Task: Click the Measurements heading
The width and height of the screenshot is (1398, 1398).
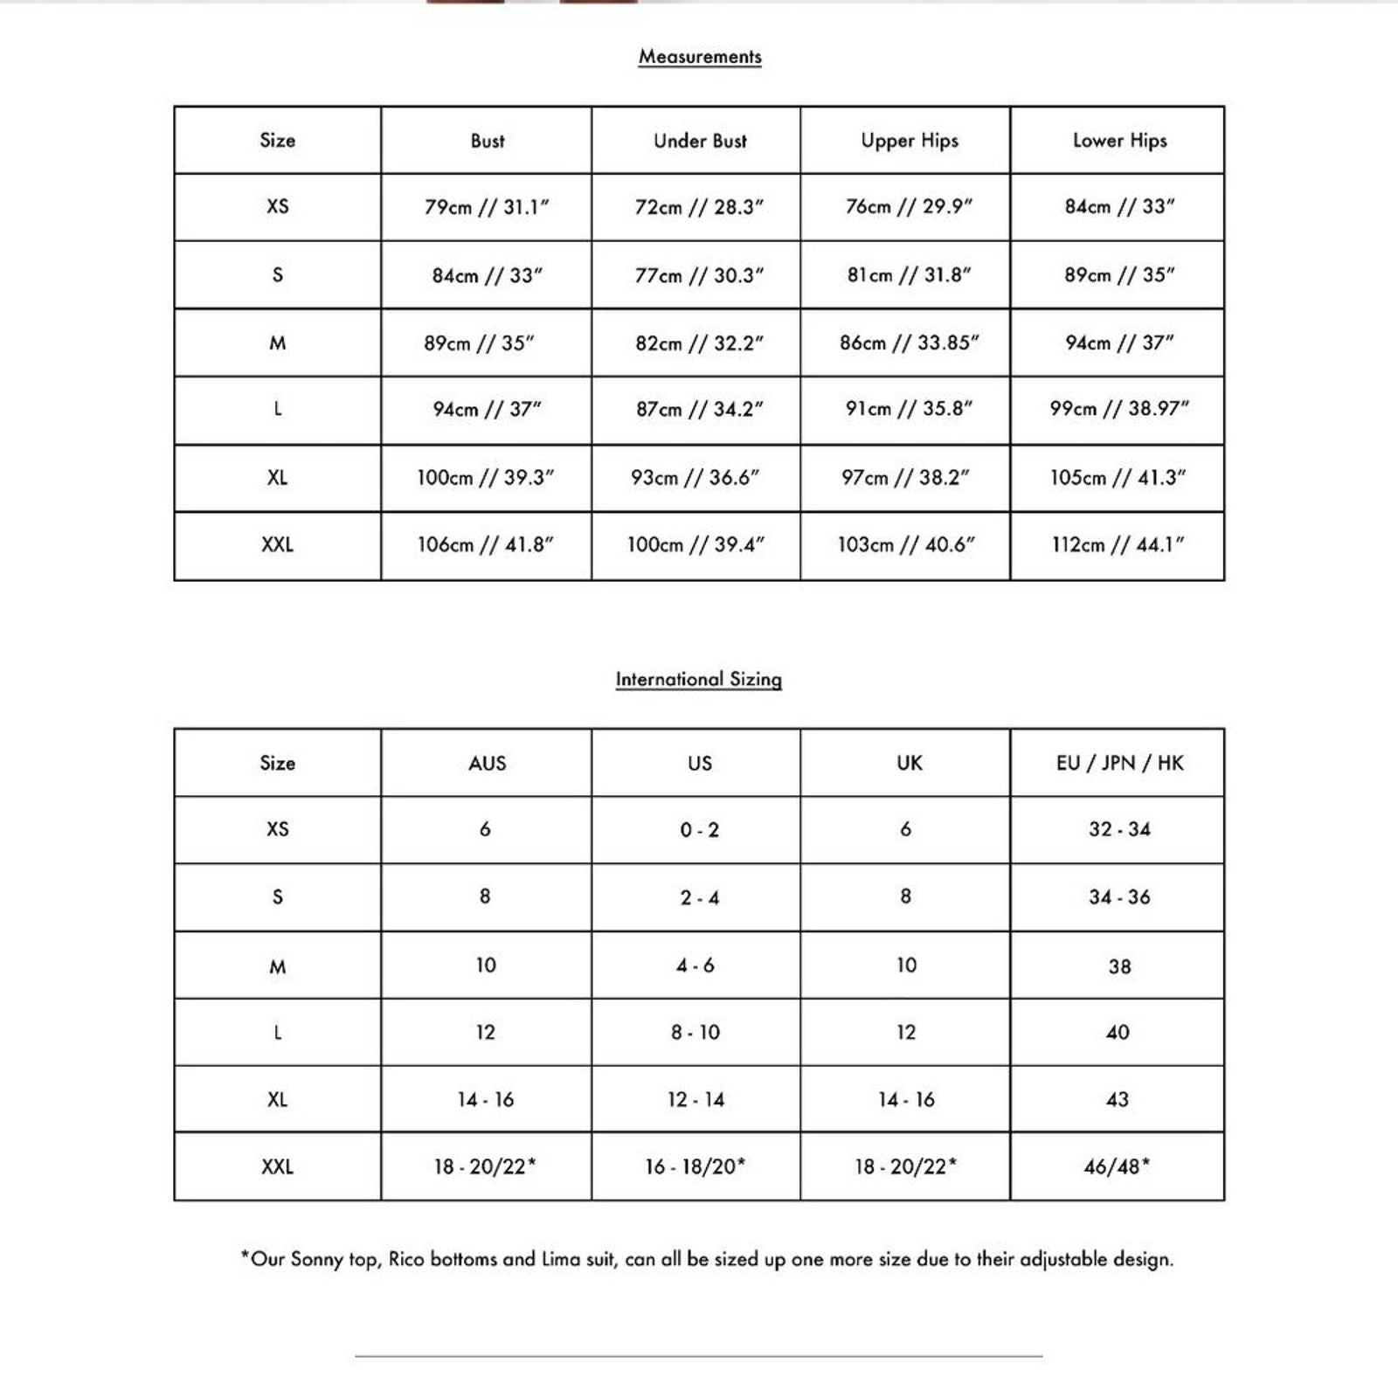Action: click(700, 57)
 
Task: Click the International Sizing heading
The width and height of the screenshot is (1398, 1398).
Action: click(698, 679)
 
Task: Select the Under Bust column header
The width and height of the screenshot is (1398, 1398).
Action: click(700, 141)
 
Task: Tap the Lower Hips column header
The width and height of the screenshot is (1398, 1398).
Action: click(1119, 141)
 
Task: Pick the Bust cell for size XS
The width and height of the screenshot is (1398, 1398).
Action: click(487, 207)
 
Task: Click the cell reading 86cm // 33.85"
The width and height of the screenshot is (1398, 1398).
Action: click(909, 343)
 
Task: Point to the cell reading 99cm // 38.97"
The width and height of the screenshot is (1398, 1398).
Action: click(1119, 409)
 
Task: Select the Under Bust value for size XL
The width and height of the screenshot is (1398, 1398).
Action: click(696, 478)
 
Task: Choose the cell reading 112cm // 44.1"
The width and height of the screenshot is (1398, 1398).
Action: click(1118, 545)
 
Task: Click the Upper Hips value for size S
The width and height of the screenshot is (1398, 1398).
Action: click(909, 275)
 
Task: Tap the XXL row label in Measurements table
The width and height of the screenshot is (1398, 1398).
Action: click(277, 545)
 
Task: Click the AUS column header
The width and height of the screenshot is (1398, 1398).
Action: click(487, 763)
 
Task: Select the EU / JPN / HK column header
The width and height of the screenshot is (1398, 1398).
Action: click(1119, 763)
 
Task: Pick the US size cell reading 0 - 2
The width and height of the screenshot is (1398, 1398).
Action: click(699, 830)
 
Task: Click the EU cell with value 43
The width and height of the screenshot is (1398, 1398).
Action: click(1118, 1099)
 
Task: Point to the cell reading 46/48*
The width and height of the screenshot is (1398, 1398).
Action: click(1117, 1166)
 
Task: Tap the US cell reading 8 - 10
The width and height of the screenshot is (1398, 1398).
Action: click(696, 1033)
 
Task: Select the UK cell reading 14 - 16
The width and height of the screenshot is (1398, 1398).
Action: click(906, 1099)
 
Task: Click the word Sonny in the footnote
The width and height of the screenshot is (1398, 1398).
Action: click(316, 1259)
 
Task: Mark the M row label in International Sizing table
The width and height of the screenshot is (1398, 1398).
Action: click(277, 966)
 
